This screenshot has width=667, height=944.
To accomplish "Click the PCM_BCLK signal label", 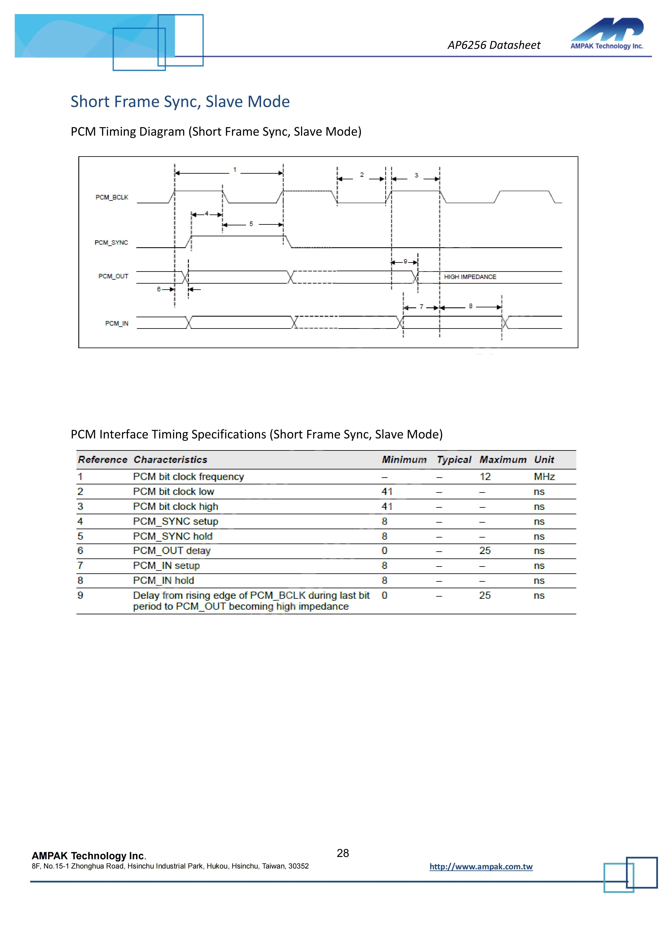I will point(112,197).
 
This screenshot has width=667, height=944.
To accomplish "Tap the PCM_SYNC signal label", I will point(111,243).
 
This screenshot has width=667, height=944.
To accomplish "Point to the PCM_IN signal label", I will point(117,324).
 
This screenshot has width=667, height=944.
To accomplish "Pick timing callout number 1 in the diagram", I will point(235,169).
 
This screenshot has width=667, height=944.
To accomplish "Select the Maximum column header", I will point(503,460).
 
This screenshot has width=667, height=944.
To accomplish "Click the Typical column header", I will point(454,460).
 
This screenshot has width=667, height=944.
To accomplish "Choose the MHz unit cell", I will point(544,477).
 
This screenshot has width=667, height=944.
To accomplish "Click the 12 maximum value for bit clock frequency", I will point(485,477).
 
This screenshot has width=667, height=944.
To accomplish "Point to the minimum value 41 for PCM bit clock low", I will point(387,492).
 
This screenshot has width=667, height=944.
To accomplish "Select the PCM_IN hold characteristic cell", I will point(163,580).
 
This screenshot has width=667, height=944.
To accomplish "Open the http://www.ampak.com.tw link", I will point(481,867).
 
